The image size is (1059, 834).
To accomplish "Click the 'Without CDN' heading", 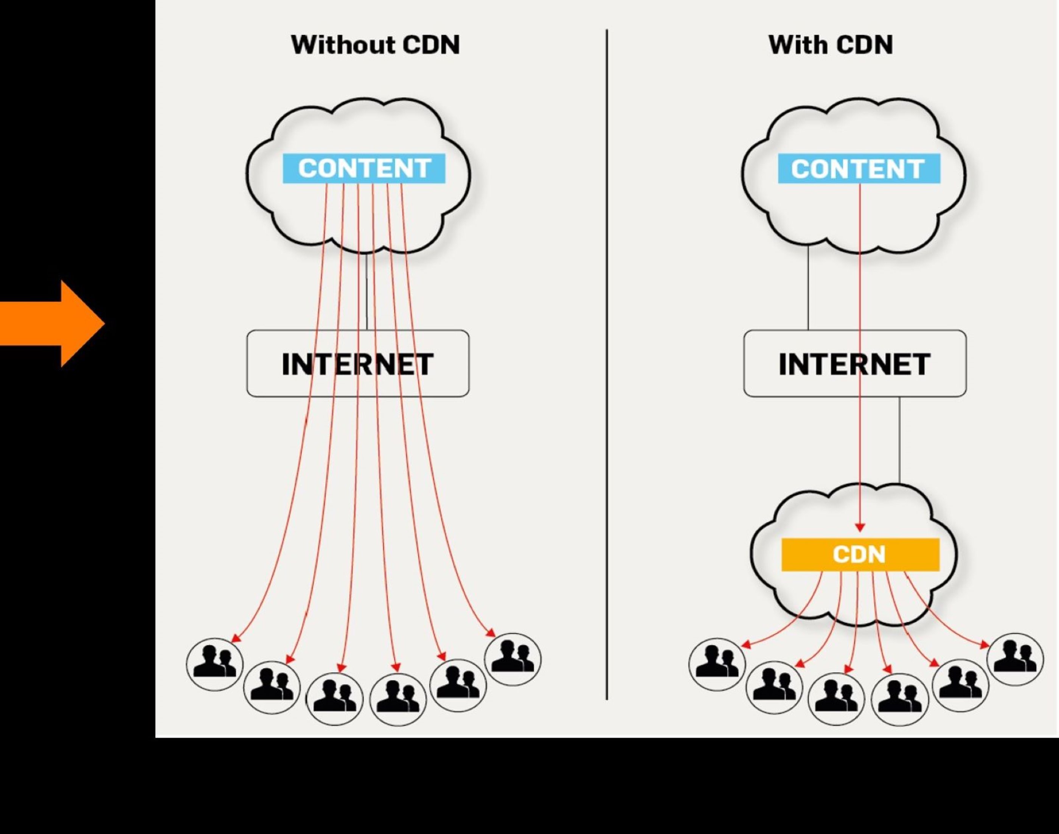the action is tap(375, 45).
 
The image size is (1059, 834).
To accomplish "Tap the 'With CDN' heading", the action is tap(831, 45).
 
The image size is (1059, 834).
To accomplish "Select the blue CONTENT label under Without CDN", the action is tap(364, 168).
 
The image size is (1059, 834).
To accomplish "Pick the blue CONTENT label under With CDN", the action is tap(859, 168).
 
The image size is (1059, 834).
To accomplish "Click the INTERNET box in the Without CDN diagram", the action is tap(358, 363).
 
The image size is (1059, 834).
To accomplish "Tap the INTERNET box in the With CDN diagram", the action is tap(854, 363).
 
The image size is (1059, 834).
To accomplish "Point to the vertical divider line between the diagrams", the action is tap(607, 364).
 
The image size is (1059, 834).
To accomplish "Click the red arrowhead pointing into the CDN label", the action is tap(860, 528).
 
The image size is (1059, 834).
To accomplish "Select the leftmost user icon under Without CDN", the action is tap(215, 664).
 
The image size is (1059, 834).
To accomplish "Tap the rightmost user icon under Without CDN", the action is tap(512, 660).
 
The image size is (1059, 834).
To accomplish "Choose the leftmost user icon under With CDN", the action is tap(717, 664).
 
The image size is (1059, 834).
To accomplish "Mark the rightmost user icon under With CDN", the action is tap(1015, 660).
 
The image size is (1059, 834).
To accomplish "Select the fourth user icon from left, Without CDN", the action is tap(398, 699).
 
